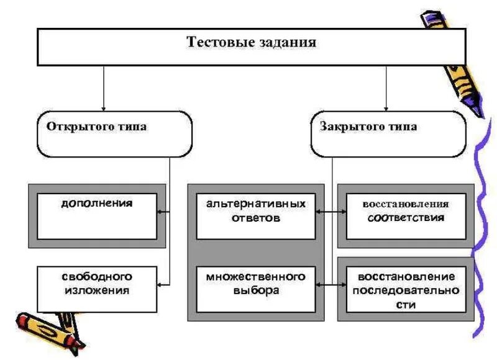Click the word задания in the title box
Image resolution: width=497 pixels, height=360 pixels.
coord(285,43)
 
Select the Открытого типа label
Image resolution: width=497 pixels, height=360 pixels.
coord(96,127)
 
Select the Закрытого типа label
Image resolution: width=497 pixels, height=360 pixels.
coord(369,127)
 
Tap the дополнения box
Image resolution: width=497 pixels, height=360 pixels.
coord(97,216)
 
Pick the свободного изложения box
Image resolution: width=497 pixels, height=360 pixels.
coord(97,289)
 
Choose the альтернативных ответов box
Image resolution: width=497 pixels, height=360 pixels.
coord(256,216)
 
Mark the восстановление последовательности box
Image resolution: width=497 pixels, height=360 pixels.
coord(405,289)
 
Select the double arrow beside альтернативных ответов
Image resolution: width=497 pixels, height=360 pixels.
coord(332,212)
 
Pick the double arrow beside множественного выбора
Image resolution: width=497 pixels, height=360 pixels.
coord(332,284)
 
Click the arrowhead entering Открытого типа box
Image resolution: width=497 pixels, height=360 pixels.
coord(104,107)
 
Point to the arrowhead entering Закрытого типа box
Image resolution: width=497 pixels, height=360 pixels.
coord(386,107)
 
